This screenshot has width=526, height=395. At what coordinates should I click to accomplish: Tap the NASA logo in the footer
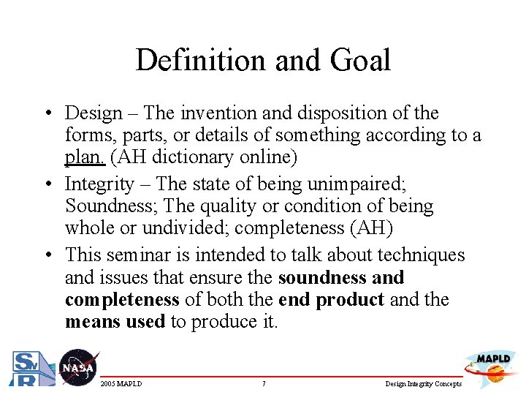77,366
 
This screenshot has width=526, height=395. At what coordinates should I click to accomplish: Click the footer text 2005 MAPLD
121,384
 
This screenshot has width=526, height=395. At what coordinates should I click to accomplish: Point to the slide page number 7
263,384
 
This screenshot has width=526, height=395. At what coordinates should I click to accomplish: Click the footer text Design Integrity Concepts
424,384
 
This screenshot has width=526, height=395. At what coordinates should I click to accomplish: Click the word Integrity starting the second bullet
99,184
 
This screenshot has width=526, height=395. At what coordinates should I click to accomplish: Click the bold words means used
115,322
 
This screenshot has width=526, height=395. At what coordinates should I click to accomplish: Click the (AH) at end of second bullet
371,228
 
